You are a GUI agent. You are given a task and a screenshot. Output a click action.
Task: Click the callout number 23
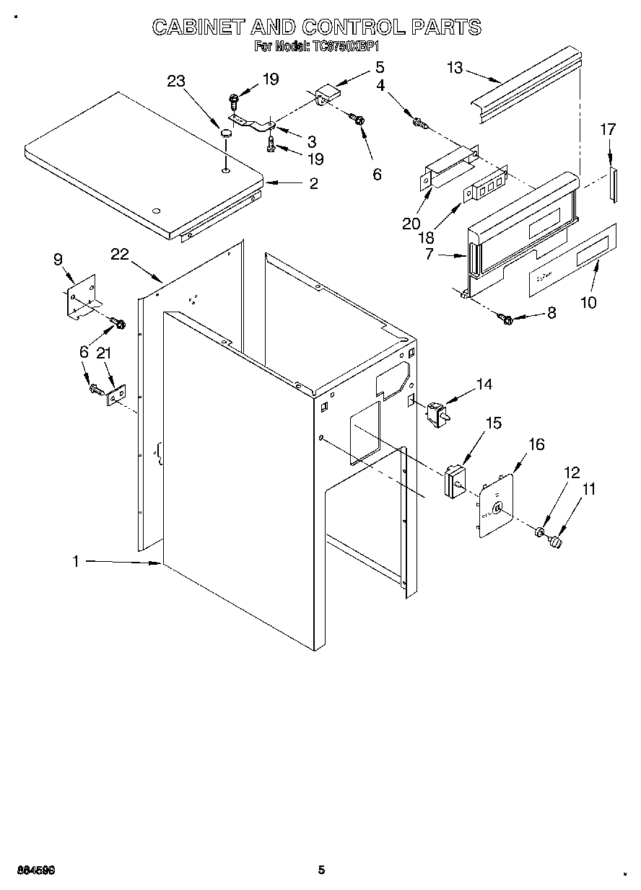coord(175,81)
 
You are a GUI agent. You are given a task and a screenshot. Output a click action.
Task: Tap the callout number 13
coord(455,68)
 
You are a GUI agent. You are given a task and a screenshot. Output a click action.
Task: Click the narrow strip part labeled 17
coord(612,184)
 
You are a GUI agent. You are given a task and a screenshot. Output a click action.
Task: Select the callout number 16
coord(537,444)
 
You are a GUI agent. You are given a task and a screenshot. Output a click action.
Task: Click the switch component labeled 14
coord(436,413)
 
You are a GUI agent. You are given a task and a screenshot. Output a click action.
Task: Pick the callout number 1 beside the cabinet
coord(77,561)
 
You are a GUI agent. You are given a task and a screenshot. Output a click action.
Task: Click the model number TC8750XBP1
coord(345,47)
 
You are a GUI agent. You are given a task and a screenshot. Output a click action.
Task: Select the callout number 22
coord(120,254)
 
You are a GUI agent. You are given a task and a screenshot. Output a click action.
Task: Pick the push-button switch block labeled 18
coord(484,184)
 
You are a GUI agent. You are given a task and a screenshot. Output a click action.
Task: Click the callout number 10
coord(589,302)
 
